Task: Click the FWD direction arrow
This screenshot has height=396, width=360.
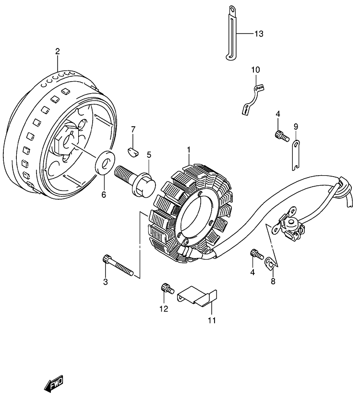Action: [x=53, y=384]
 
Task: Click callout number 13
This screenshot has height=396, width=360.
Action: [x=259, y=34]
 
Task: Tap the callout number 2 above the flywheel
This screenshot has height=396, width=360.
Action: [x=58, y=51]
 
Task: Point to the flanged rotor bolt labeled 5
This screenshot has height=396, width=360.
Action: [x=135, y=180]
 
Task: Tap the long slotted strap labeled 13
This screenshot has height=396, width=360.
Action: [x=231, y=33]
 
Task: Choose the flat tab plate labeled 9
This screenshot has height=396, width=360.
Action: [x=296, y=155]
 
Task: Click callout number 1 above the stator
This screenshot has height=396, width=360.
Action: [x=189, y=150]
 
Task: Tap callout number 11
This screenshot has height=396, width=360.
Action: [x=212, y=320]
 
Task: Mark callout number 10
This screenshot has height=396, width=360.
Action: [x=255, y=70]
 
